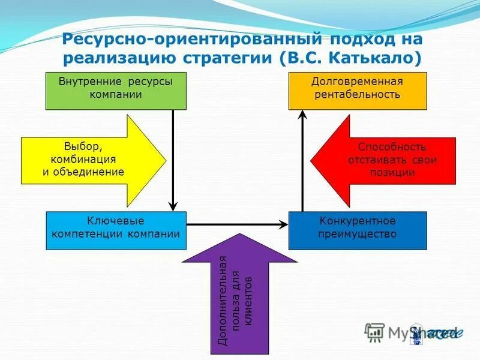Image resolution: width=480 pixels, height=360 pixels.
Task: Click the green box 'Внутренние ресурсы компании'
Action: point(116,91)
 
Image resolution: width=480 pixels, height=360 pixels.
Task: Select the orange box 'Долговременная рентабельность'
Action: point(358,91)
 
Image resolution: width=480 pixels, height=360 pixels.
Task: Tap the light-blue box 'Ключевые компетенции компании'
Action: point(116,230)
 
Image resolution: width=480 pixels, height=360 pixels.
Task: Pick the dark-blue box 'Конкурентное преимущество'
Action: point(358,230)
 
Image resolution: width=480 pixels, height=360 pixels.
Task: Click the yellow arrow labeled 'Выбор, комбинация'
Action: point(90,159)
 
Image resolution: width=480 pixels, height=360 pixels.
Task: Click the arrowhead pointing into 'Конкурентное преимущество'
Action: point(283,225)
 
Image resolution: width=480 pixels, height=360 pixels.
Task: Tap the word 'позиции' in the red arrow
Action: point(392,172)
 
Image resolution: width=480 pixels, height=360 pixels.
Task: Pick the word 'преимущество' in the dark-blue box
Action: point(358,235)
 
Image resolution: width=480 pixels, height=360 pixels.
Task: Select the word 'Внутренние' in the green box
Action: point(90,82)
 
